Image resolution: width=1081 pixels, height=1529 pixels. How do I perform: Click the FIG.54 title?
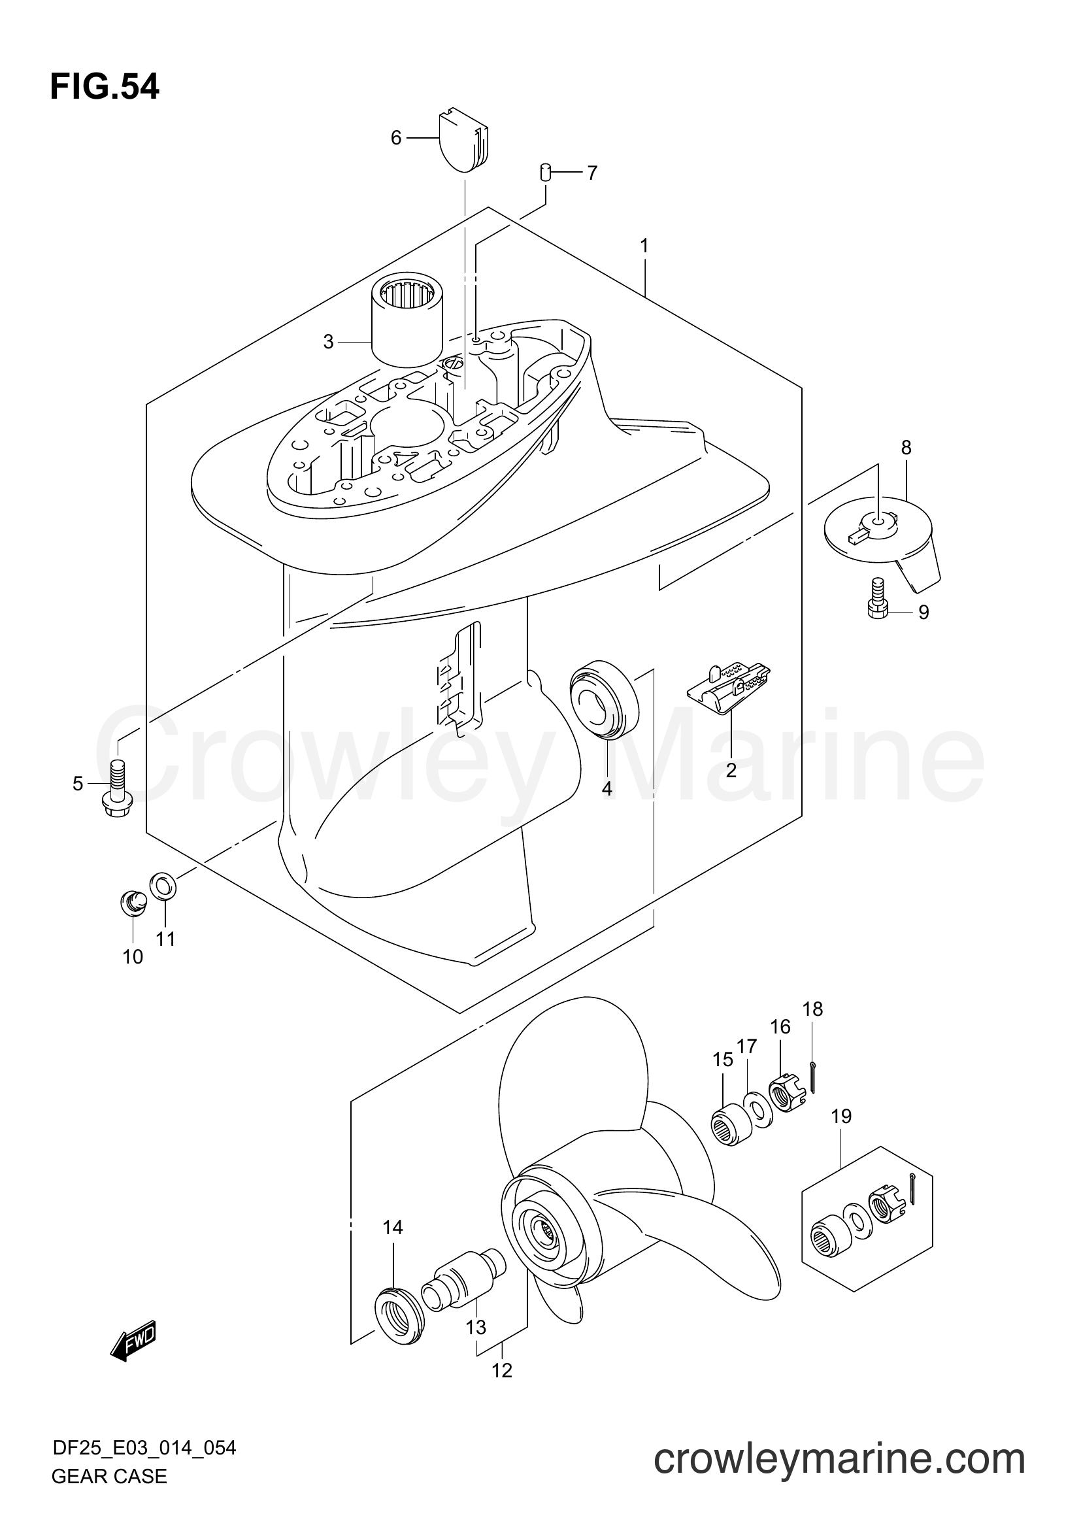105,87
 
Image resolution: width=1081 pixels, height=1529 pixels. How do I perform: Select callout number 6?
396,138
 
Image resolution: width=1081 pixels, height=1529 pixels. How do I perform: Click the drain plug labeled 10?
133,903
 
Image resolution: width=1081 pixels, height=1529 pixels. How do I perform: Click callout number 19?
841,1116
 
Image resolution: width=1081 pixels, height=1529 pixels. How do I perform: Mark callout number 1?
644,246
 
